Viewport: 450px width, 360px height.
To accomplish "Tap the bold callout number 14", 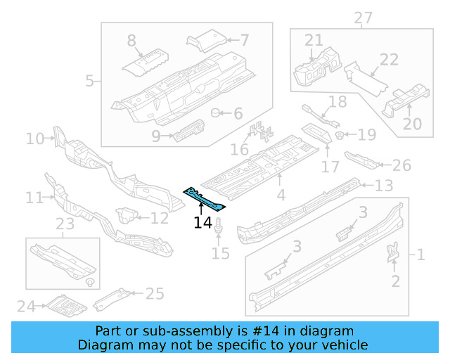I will pyautogui.click(x=202, y=223).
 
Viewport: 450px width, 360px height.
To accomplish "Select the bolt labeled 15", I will pyautogui.click(x=220, y=229).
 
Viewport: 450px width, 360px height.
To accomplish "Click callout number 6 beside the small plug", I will pyautogui.click(x=238, y=113).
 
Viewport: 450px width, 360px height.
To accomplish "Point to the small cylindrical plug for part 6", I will pyautogui.click(x=217, y=112).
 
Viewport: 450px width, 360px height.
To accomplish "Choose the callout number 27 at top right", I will pyautogui.click(x=363, y=18).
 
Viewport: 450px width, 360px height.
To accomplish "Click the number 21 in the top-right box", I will pyautogui.click(x=314, y=40).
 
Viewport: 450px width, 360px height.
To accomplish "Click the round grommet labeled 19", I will pyautogui.click(x=339, y=134).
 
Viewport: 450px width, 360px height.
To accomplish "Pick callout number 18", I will pyautogui.click(x=338, y=102).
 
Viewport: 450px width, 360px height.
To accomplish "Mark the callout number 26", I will pyautogui.click(x=401, y=165).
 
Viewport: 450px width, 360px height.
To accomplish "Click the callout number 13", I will pyautogui.click(x=383, y=186).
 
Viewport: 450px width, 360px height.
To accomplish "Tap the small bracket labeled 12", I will pyautogui.click(x=127, y=214).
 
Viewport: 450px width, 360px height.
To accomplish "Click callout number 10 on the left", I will pyautogui.click(x=35, y=139).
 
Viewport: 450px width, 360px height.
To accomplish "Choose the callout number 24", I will pyautogui.click(x=26, y=306).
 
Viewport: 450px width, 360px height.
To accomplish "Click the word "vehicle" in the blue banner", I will pyautogui.click(x=345, y=345).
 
